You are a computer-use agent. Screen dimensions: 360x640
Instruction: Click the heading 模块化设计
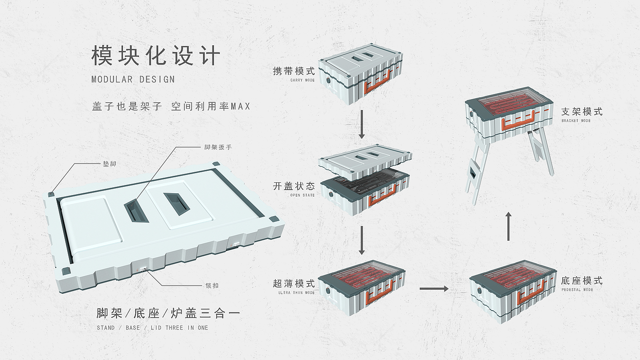click(156, 56)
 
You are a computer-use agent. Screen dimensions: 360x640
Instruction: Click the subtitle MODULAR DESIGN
click(133, 79)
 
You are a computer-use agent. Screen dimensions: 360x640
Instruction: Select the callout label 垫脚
click(110, 163)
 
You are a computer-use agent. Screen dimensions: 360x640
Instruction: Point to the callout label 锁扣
click(212, 286)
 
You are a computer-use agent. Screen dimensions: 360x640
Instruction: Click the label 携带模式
click(294, 71)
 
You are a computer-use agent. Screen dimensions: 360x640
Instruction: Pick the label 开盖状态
click(294, 186)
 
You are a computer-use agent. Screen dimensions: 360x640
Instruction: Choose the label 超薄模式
click(294, 283)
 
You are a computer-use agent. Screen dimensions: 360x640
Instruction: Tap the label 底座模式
click(581, 281)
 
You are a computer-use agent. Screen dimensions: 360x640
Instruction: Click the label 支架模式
click(581, 111)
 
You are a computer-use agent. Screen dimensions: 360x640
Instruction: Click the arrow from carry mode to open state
click(362, 124)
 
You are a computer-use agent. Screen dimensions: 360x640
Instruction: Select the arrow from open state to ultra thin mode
click(362, 240)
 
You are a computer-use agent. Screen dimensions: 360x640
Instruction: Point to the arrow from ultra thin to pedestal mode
click(434, 288)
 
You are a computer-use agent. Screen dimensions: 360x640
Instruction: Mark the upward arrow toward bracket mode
click(508, 226)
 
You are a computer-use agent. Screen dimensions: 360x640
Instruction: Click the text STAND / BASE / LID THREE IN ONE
click(152, 328)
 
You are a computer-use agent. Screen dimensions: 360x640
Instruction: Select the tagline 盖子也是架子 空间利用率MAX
click(171, 106)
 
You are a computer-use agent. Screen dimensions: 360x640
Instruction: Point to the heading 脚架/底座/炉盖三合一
click(168, 313)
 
